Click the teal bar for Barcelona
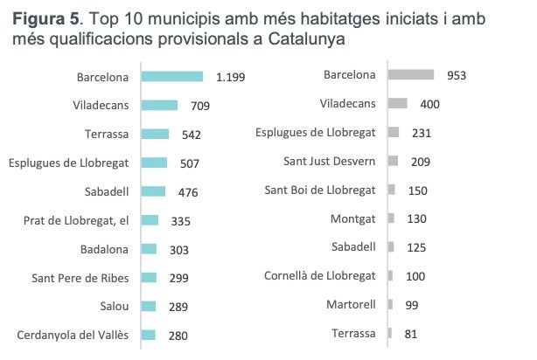[x=171, y=77]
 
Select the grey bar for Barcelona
[x=410, y=75]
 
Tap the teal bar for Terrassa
[x=155, y=134]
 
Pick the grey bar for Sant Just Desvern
[x=393, y=161]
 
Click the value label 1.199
[x=230, y=77]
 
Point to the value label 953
[x=456, y=75]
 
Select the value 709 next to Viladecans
[x=200, y=106]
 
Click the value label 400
[x=429, y=104]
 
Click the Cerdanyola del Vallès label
[x=73, y=335]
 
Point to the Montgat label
[x=353, y=218]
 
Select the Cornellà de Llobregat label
[x=320, y=276]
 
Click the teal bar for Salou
[x=149, y=306]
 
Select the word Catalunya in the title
[x=306, y=39]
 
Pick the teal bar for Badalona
[x=149, y=249]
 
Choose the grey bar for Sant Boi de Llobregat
[x=391, y=190]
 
